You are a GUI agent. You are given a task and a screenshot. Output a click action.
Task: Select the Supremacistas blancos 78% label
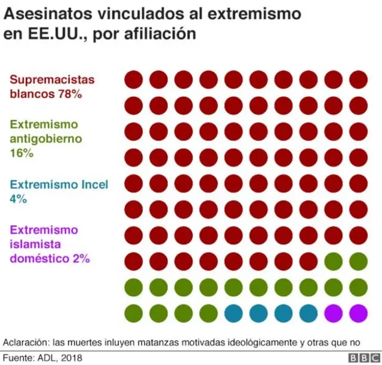51,87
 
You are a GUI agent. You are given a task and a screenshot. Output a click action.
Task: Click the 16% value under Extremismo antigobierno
21,153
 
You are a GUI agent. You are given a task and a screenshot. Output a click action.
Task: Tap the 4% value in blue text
19,199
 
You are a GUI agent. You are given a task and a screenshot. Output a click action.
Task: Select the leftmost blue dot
233,312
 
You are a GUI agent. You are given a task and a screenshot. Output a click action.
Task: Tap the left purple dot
333,312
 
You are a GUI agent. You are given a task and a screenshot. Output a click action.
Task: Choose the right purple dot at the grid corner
358,312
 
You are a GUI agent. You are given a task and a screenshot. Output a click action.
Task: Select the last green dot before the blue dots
208,312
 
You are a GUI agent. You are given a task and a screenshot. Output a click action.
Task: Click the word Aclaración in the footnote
23,342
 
